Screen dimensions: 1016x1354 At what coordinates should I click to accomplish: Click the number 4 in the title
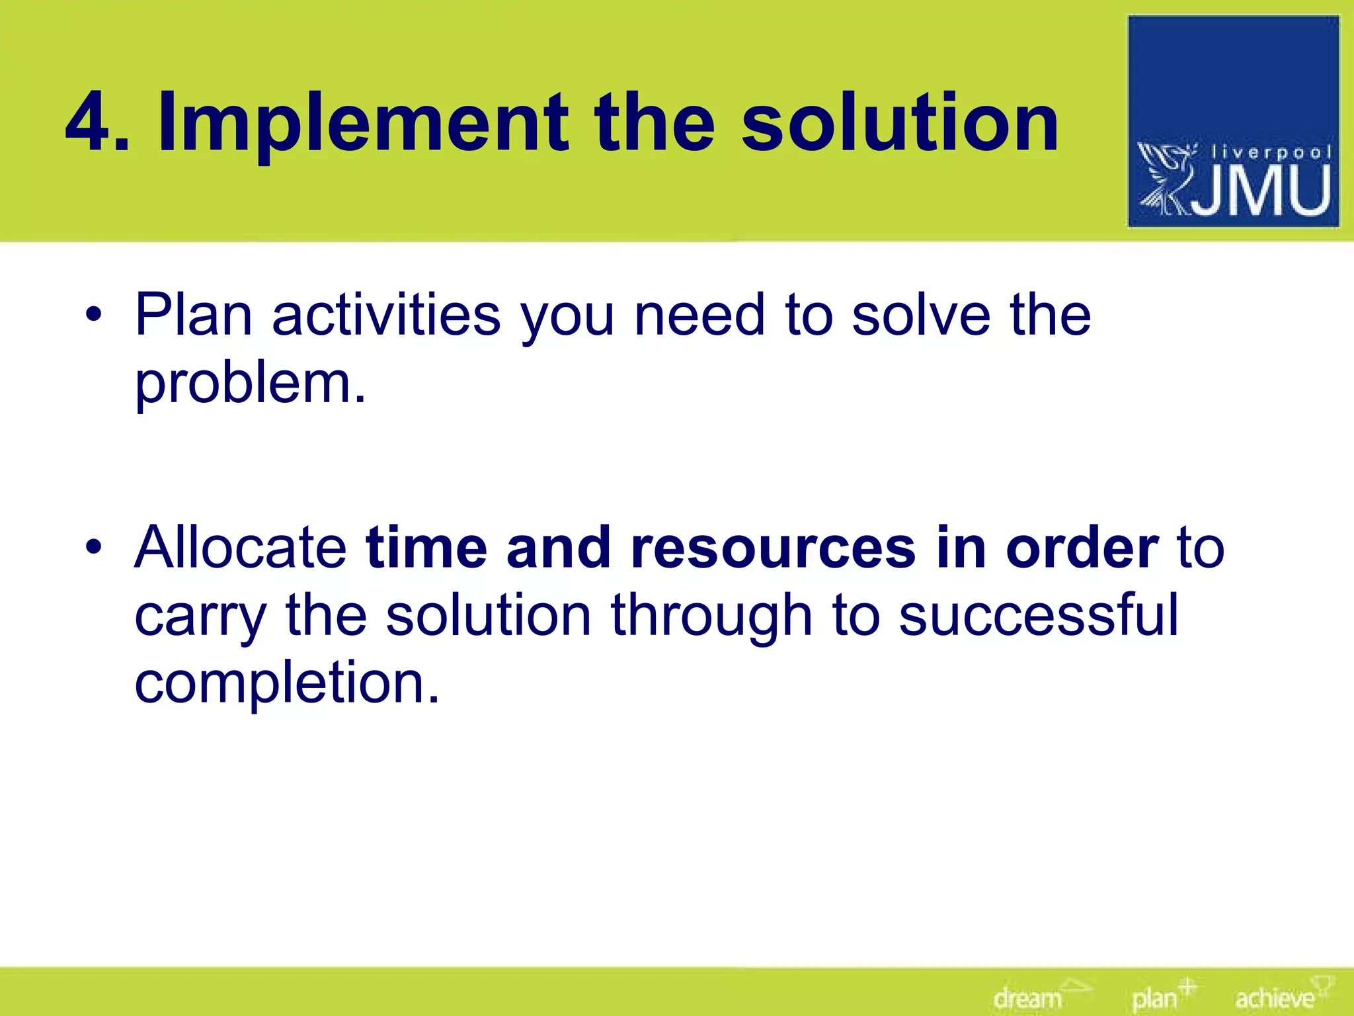click(90, 123)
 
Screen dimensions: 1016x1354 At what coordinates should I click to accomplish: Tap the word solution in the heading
click(900, 123)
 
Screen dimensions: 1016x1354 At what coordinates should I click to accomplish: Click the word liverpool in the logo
click(1270, 153)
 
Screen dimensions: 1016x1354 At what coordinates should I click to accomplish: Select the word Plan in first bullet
click(194, 315)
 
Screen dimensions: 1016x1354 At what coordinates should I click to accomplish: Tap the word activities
click(386, 316)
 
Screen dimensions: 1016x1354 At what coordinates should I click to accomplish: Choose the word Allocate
click(241, 548)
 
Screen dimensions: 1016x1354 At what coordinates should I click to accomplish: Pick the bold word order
click(1082, 548)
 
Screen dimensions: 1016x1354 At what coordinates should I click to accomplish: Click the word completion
click(286, 684)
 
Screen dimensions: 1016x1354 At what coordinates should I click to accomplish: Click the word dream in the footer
click(1027, 997)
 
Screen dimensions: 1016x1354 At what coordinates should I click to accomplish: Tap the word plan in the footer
click(1154, 998)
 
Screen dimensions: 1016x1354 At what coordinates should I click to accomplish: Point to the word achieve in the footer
click(1274, 997)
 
